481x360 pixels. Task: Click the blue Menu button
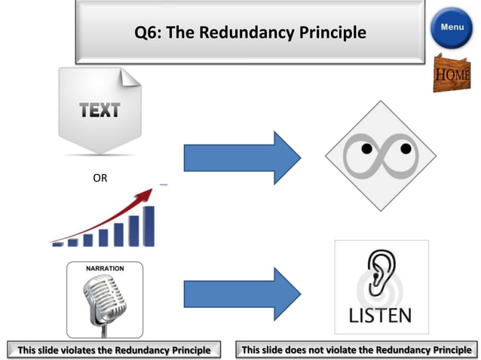point(452,28)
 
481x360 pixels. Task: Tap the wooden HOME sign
point(452,74)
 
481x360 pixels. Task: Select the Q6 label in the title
point(146,33)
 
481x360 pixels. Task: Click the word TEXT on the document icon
point(100,110)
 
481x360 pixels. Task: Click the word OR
point(100,179)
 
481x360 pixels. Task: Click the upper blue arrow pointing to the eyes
point(242,157)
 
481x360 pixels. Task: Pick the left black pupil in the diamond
point(365,149)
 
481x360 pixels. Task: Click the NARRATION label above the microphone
point(104,268)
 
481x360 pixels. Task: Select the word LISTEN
point(381,314)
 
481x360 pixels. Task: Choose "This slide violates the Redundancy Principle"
point(114,349)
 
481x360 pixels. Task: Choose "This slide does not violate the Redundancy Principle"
point(357,349)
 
